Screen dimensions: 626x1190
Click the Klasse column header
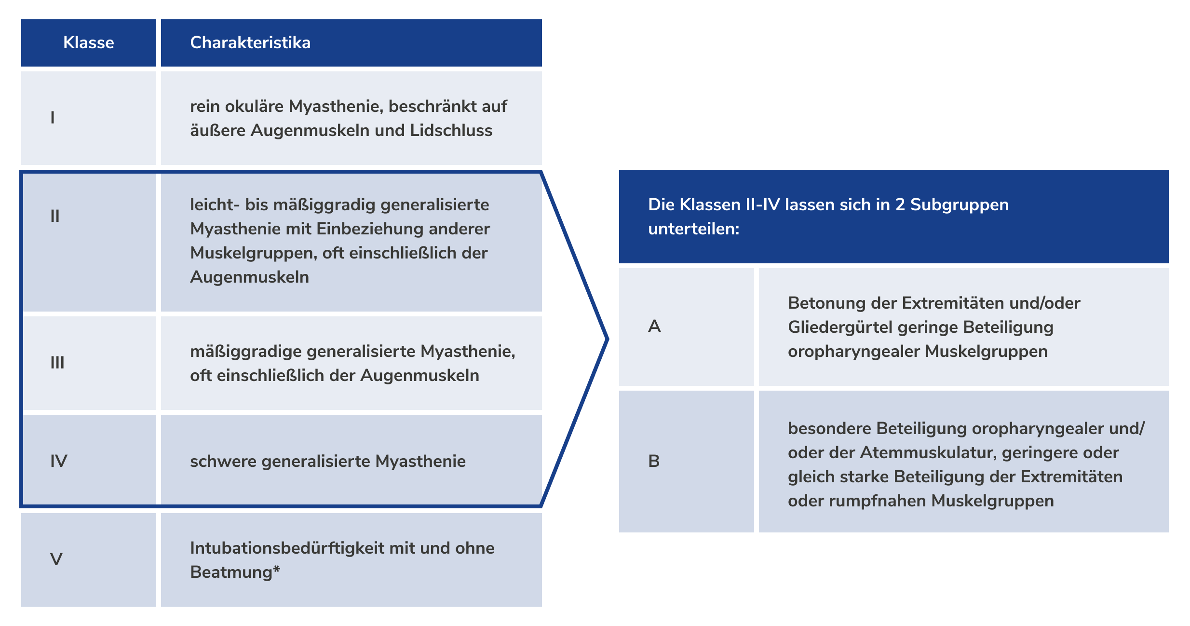[89, 43]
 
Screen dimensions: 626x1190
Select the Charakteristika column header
[250, 43]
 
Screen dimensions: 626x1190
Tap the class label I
[53, 118]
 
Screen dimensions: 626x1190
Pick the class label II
[55, 216]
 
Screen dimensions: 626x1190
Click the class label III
[57, 363]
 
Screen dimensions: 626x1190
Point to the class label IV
[59, 461]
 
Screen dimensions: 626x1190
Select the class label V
[56, 559]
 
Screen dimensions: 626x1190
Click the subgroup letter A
[654, 327]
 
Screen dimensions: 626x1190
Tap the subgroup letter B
[654, 461]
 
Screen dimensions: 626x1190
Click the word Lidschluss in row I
[451, 131]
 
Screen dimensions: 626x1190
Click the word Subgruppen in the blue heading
[959, 205]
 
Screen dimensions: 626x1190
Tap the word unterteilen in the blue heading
[692, 229]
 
